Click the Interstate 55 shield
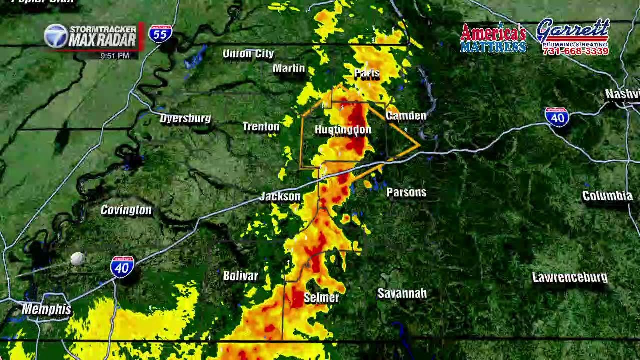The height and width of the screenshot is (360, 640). [x=160, y=34]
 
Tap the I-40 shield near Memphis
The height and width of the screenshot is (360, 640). [x=122, y=267]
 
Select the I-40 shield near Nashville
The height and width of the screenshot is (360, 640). [x=557, y=117]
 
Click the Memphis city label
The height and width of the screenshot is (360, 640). [x=46, y=309]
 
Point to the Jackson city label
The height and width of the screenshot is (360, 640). [x=280, y=196]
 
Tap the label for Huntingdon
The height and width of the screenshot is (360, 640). [x=343, y=130]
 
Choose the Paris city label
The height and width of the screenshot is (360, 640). [x=367, y=73]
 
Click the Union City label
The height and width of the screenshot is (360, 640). [x=248, y=54]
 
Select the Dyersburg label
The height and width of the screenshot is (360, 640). [x=185, y=118]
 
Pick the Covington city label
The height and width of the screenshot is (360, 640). [x=126, y=210]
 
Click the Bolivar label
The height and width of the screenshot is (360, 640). [x=240, y=276]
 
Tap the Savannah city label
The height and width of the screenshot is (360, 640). [x=402, y=293]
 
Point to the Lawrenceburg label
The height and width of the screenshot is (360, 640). [x=570, y=277]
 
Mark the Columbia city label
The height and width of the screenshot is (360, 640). [x=607, y=196]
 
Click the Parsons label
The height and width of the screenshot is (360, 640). [x=406, y=192]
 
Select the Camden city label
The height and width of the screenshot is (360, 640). [x=406, y=116]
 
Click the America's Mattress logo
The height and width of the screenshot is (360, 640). [x=493, y=38]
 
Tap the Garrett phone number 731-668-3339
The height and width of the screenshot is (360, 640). [x=575, y=51]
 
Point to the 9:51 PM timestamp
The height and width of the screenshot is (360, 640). [x=114, y=56]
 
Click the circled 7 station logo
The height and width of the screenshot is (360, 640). [x=56, y=36]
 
